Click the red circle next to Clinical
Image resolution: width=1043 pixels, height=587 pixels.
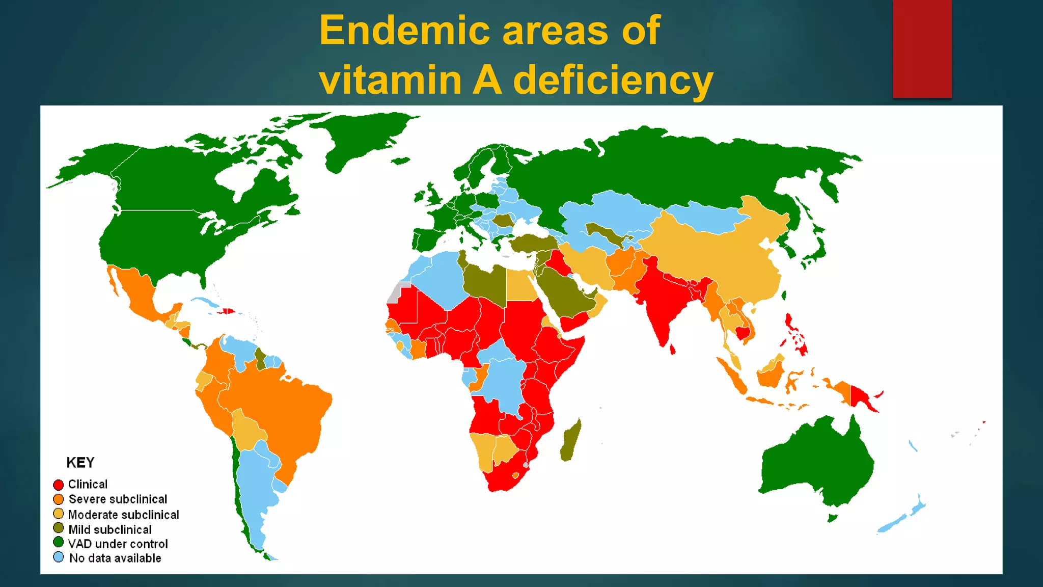pyautogui.click(x=59, y=485)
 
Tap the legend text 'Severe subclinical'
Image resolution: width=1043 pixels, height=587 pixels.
pyautogui.click(x=118, y=499)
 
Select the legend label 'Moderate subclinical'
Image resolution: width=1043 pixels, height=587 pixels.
pyautogui.click(x=124, y=515)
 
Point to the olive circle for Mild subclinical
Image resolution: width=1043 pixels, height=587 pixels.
pyautogui.click(x=59, y=528)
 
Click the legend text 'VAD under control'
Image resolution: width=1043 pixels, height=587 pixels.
pyautogui.click(x=118, y=544)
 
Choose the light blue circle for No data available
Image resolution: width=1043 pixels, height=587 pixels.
pyautogui.click(x=59, y=557)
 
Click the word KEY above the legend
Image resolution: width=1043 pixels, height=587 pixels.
pyautogui.click(x=80, y=463)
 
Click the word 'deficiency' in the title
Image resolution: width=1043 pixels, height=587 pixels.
pyautogui.click(x=613, y=81)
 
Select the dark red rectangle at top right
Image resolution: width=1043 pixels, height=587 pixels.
pyautogui.click(x=922, y=48)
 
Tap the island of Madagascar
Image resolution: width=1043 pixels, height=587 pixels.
pyautogui.click(x=571, y=441)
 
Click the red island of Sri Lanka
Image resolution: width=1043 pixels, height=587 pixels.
pyautogui.click(x=672, y=349)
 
